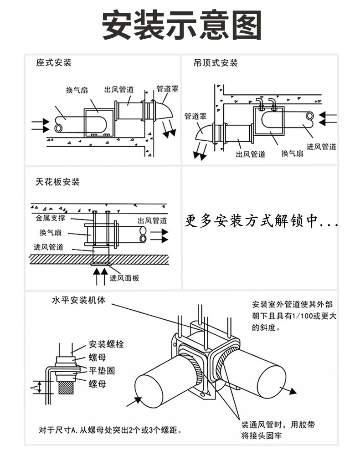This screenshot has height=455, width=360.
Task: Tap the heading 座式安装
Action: [x=54, y=63]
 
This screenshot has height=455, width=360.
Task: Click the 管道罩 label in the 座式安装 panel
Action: [x=167, y=88]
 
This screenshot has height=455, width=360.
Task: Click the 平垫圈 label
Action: [x=101, y=370]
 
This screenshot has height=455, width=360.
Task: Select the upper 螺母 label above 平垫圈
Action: [x=97, y=358]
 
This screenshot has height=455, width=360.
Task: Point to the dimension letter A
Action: [x=32, y=388]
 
